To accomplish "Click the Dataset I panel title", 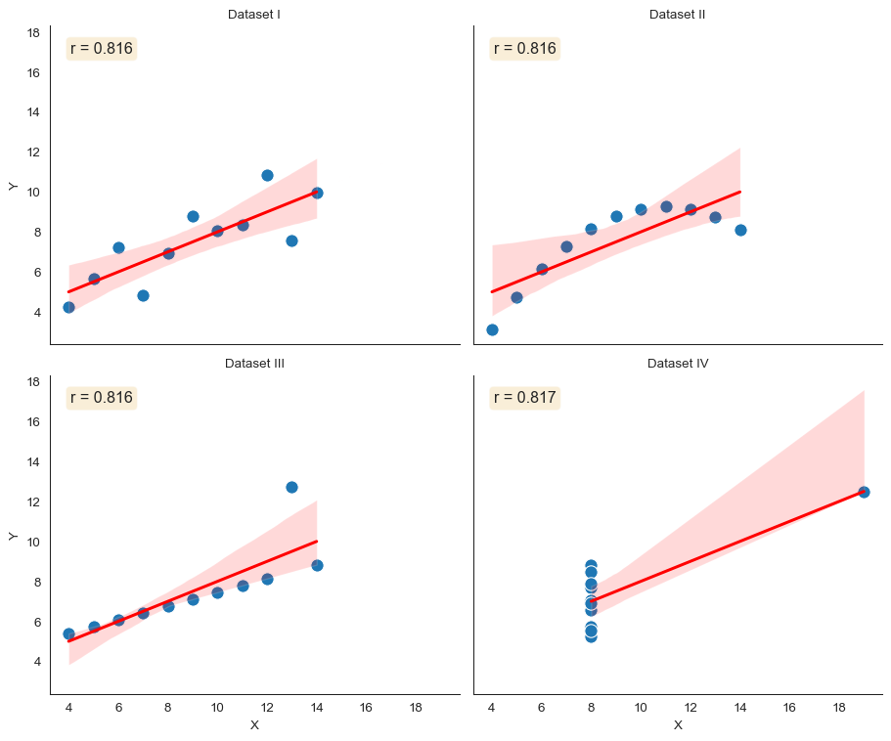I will [x=254, y=14].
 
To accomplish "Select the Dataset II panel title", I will [x=678, y=14].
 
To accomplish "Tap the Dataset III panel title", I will [x=254, y=364].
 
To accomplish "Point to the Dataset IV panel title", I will [x=678, y=364].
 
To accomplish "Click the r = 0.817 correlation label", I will [x=525, y=398].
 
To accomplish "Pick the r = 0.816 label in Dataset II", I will [x=525, y=48].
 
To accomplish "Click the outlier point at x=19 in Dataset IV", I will [x=864, y=492].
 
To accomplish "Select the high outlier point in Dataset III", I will [x=291, y=487].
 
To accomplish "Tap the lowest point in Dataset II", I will [x=492, y=329].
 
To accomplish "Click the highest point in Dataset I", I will [x=267, y=175].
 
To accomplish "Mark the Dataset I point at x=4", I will [x=68, y=307].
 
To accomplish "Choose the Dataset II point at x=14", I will [x=740, y=230].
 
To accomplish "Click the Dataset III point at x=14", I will [x=317, y=565].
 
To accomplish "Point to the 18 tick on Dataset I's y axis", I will [x=33, y=33].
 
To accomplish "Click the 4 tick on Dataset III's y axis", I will [x=36, y=662].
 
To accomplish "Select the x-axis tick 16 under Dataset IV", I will [x=789, y=707].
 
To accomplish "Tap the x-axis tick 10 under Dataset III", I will [x=217, y=707].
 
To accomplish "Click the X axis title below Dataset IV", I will [x=678, y=725].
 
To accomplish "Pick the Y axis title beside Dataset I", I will [x=13, y=186].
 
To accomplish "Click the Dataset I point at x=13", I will [x=291, y=240].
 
